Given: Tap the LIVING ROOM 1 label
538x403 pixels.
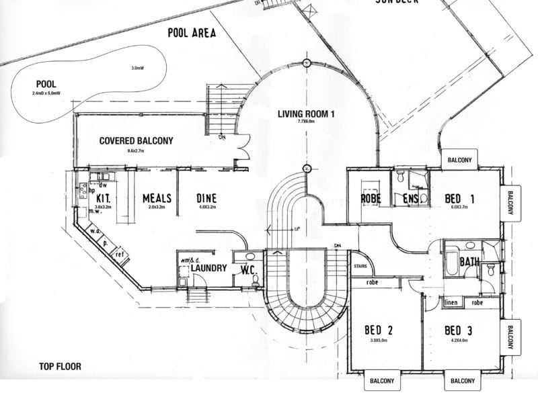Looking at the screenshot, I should click(306, 114).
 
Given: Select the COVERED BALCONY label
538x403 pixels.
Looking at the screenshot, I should click(136, 141).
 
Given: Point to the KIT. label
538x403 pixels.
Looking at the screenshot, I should click(104, 199).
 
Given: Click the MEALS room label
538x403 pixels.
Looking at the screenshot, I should click(157, 199).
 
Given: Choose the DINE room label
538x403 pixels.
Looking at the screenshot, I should click(206, 199).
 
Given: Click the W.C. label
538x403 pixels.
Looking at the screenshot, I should click(249, 270).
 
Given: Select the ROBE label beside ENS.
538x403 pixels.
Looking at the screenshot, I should click(371, 199).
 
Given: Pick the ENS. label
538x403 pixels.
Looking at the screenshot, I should click(412, 199).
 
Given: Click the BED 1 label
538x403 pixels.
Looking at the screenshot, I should click(461, 199).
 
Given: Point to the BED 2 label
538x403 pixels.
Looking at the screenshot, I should click(379, 330).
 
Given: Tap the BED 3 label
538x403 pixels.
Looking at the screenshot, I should click(460, 330).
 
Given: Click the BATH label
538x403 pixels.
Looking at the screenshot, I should click(470, 262).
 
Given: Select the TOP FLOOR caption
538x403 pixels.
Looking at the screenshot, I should click(60, 367).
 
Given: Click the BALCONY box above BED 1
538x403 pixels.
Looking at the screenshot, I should click(459, 160).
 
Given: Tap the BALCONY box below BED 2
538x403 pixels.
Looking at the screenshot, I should click(382, 381).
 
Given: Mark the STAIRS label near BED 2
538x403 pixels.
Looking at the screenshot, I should click(360, 267).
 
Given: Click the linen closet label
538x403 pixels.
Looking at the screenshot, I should click(451, 303).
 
